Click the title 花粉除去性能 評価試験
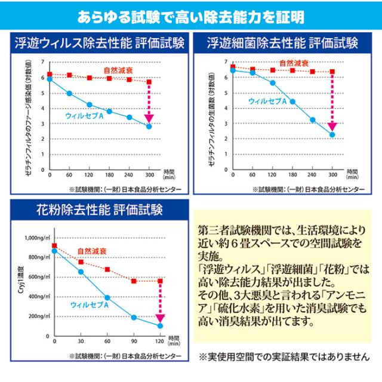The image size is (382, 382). pos(95,211)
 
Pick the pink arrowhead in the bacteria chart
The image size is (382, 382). pos(332,126)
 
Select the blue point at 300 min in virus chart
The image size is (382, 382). pos(149,127)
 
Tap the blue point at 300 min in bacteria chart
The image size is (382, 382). pos(332,135)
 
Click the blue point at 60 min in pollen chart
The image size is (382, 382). pos(107,297)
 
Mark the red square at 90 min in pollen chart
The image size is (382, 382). pos(134,281)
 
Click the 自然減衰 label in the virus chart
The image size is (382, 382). pos(118,70)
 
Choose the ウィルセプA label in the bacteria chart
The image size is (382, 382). pos(269,101)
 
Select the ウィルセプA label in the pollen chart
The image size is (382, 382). pos(90,304)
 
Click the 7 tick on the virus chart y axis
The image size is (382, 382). pos(42,62)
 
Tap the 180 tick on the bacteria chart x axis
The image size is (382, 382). pos(292,175)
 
